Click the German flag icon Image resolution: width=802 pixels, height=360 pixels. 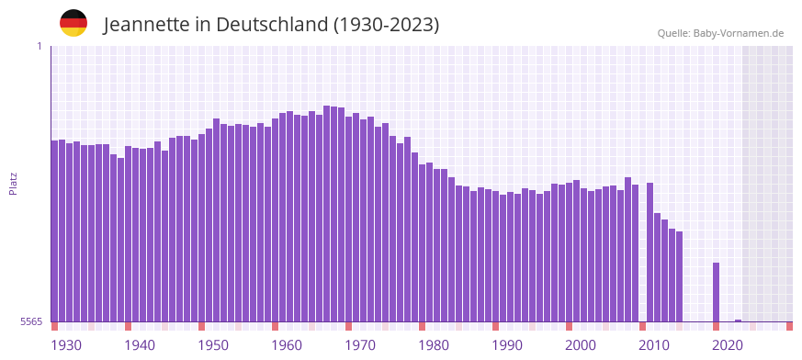pos(73,23)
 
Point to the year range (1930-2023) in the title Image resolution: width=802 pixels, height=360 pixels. pos(387,25)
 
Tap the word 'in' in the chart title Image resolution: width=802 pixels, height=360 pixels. pos(201,25)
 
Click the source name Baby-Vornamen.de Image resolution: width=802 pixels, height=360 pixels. pos(739,33)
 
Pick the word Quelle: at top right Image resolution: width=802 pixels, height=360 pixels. pos(673,33)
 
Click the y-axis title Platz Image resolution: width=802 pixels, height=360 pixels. pos(13,183)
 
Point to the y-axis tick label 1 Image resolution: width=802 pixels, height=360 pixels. pos(40,46)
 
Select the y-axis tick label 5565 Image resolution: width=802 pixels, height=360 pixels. pos(30,321)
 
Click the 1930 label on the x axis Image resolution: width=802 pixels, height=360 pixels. pos(66,345)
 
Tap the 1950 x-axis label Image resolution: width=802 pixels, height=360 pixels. pos(213,345)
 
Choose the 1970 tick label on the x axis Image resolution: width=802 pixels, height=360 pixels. pos(360,345)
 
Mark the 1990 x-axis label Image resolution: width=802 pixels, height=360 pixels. pos(507,345)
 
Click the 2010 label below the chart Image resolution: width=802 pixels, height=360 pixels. pos(654,345)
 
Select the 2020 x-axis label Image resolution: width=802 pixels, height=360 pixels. pos(728,345)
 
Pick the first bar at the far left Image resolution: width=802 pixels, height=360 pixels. pos(54,230)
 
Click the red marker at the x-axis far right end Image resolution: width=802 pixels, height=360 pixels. pos(789,326)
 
